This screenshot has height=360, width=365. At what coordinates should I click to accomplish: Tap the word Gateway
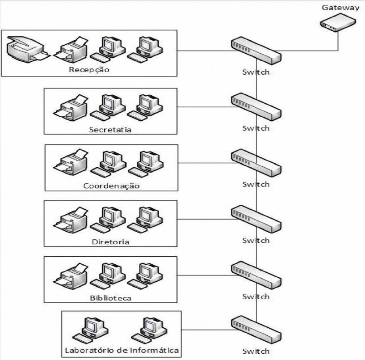340,8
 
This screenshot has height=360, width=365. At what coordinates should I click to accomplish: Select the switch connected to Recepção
256,50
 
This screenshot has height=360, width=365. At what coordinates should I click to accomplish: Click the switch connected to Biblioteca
256,275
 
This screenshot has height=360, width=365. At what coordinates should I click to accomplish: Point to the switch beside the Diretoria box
256,219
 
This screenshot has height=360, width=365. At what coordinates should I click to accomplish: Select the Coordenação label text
111,186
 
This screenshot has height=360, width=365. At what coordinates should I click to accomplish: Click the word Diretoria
111,242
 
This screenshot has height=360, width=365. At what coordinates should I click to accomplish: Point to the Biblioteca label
111,297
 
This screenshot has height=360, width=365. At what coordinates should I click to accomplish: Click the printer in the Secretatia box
70,107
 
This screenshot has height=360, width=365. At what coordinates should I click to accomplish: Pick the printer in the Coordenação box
70,163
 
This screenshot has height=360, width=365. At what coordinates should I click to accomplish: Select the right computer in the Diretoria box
146,219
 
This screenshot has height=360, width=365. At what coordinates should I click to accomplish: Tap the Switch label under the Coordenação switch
256,184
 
